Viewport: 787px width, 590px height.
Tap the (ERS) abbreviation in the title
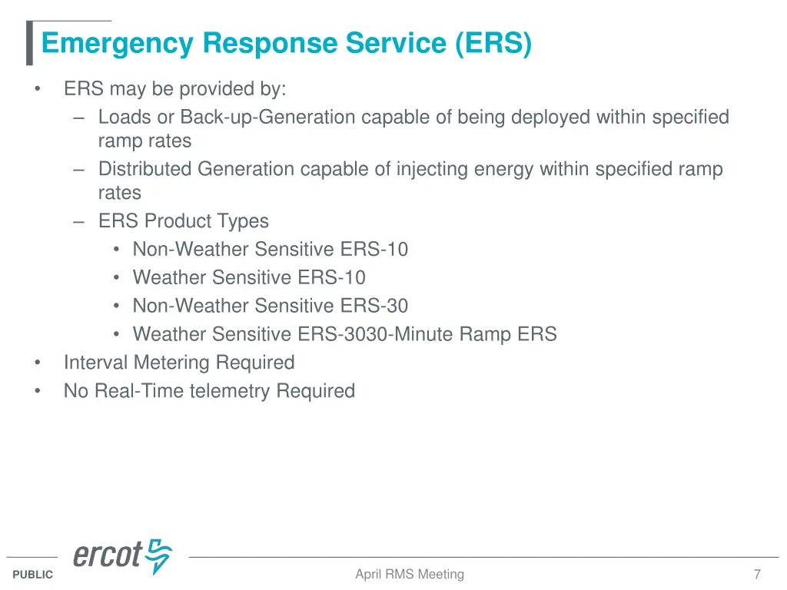tap(493, 44)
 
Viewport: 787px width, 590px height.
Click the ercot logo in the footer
tap(122, 556)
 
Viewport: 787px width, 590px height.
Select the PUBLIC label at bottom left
tap(33, 575)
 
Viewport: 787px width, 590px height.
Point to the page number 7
tap(757, 574)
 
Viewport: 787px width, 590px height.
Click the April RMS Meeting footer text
tap(410, 574)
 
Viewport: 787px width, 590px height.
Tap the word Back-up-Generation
tap(268, 118)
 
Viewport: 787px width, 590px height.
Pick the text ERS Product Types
tap(184, 221)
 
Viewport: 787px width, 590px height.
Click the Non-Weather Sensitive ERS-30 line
tap(271, 306)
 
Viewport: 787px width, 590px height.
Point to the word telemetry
tap(231, 391)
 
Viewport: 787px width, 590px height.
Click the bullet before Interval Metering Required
tap(37, 363)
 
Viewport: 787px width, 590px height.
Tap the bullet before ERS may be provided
tap(37, 89)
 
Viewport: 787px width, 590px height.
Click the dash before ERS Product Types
tap(79, 221)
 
